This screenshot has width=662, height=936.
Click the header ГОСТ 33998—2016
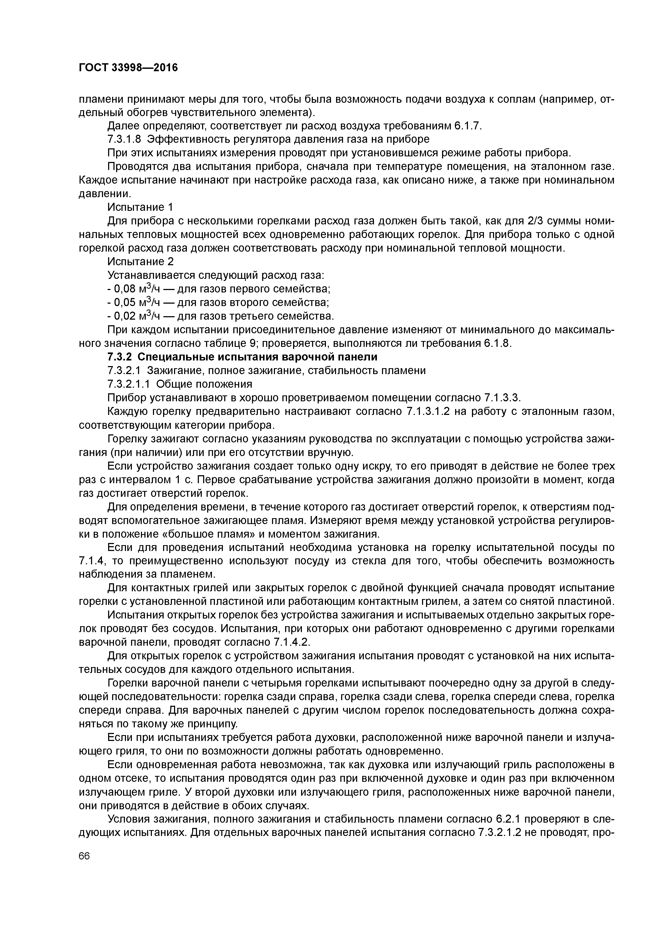128,68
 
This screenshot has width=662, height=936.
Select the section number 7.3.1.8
124,140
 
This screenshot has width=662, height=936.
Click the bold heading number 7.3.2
120,357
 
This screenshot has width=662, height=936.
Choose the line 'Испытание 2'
140,262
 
